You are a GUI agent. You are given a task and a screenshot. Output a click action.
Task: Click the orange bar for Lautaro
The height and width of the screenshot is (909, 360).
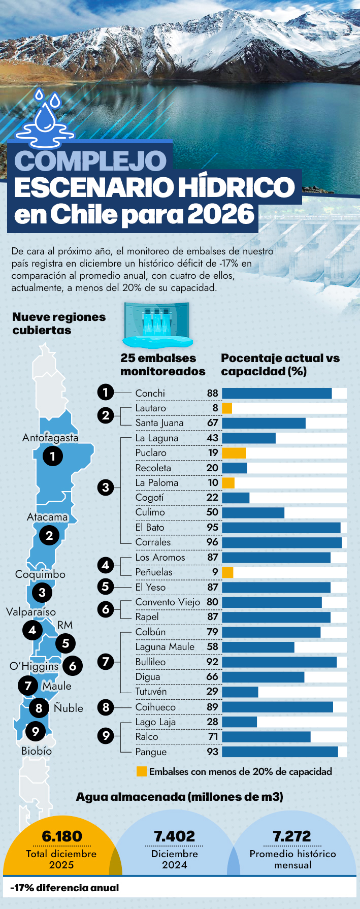227,408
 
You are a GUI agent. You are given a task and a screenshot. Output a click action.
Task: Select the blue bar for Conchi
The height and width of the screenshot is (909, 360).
277,393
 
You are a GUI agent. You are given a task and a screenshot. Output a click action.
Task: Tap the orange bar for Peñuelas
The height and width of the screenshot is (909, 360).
227,572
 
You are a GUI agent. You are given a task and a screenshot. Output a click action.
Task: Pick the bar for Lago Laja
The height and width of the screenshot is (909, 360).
239,722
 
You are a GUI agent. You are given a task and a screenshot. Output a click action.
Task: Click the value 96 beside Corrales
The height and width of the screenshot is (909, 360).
212,542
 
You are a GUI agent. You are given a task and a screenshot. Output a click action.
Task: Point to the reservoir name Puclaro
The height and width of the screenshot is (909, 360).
151,453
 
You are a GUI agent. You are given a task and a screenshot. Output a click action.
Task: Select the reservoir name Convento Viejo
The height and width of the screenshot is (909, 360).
168,602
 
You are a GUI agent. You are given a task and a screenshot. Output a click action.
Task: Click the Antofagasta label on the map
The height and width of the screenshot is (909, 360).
50,438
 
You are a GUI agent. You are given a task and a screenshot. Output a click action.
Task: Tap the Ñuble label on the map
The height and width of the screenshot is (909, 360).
69,708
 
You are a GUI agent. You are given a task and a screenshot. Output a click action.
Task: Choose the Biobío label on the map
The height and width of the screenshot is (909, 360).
37,751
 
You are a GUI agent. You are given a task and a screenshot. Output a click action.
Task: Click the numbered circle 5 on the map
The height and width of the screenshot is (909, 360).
66,643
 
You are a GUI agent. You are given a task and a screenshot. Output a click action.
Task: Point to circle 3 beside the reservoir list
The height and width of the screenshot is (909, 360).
106,488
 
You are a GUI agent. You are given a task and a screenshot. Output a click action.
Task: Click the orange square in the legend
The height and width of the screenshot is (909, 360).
142,771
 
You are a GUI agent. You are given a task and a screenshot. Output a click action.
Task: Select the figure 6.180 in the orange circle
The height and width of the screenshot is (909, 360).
62,836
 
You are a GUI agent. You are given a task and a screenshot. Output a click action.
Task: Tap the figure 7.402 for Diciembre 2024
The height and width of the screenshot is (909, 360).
174,836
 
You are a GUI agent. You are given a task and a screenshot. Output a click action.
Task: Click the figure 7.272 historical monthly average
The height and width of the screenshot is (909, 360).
292,836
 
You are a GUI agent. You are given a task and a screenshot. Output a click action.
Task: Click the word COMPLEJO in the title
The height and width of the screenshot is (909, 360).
90,161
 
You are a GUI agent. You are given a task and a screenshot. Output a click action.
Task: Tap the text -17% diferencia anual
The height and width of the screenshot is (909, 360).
64,888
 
